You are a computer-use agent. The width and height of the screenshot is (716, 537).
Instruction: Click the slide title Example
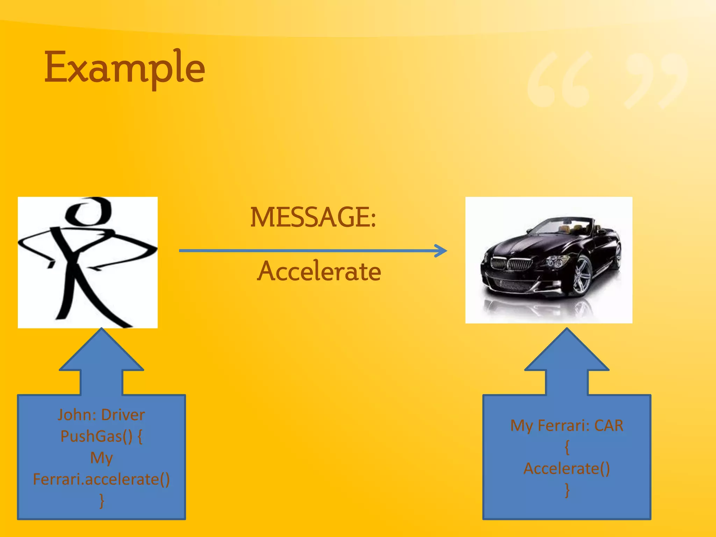click(124, 68)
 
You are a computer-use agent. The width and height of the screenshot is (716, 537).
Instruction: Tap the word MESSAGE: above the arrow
click(313, 217)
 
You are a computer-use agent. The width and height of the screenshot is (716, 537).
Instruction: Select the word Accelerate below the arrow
click(319, 271)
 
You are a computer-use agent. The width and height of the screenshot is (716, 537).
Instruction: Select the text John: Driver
click(101, 415)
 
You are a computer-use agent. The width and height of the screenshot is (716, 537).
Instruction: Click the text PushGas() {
click(101, 436)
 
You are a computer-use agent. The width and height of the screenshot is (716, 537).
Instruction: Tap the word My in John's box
click(101, 458)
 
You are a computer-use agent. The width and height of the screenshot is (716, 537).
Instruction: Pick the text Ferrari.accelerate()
click(101, 479)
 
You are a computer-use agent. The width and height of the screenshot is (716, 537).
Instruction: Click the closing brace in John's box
click(101, 501)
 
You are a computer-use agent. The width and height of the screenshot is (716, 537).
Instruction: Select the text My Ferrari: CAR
click(567, 426)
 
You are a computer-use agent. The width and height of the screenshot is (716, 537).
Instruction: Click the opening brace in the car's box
click(567, 447)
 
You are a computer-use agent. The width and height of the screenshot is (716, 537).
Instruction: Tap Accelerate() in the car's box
click(567, 469)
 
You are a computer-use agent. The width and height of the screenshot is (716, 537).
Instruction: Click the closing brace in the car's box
click(567, 490)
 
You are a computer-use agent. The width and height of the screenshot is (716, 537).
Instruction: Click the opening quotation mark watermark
click(559, 80)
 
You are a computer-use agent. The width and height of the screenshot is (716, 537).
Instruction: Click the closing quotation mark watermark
click(654, 80)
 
